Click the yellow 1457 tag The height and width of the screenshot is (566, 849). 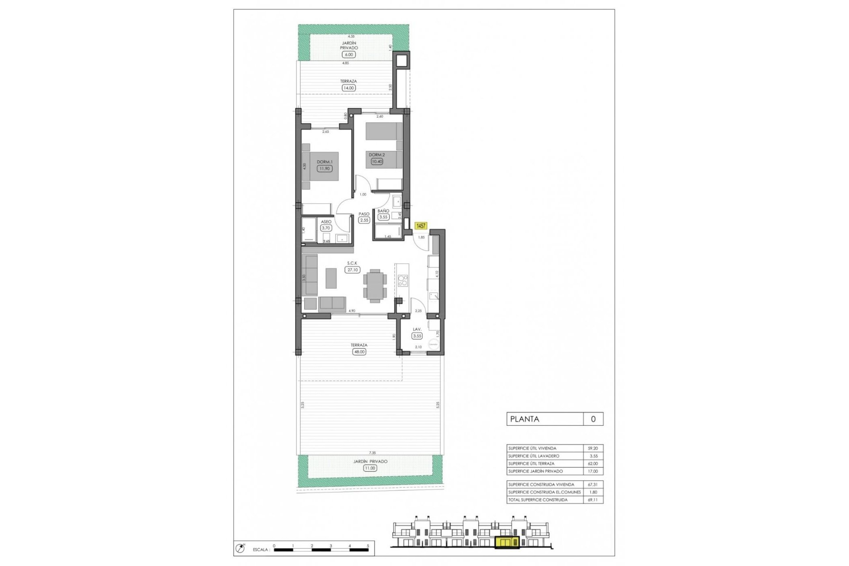[x=421, y=226]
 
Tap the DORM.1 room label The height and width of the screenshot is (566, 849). [x=325, y=162]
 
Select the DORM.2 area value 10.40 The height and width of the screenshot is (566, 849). [x=377, y=162]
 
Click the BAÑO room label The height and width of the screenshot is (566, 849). [x=383, y=211]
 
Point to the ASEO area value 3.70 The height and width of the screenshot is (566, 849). [x=326, y=228]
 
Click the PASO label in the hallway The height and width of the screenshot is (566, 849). [x=364, y=214]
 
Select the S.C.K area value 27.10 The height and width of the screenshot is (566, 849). [x=352, y=270]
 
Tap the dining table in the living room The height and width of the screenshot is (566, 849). [x=375, y=286]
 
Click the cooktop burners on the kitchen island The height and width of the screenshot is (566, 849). [x=402, y=280]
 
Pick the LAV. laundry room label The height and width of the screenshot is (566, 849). [x=417, y=329]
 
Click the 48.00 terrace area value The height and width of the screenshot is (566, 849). [x=359, y=352]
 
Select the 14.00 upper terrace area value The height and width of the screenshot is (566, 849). [x=348, y=88]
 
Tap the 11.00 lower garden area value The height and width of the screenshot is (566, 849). [x=370, y=468]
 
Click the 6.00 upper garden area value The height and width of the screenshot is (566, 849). [x=349, y=55]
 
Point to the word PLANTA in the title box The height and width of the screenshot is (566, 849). [x=524, y=419]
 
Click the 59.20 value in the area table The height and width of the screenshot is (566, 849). [x=593, y=448]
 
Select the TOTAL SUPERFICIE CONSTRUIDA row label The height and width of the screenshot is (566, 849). [x=538, y=500]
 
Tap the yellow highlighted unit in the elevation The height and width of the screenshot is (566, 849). [x=507, y=543]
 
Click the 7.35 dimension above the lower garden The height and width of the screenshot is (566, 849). [x=372, y=453]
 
